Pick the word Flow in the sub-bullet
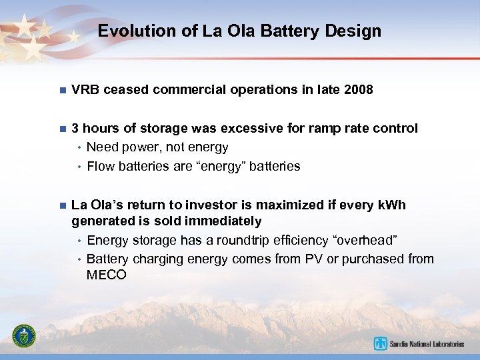(x=101, y=166)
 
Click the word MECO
(x=106, y=274)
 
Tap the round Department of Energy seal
(x=25, y=337)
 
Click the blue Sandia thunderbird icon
(x=381, y=344)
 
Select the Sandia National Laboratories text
(x=427, y=344)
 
